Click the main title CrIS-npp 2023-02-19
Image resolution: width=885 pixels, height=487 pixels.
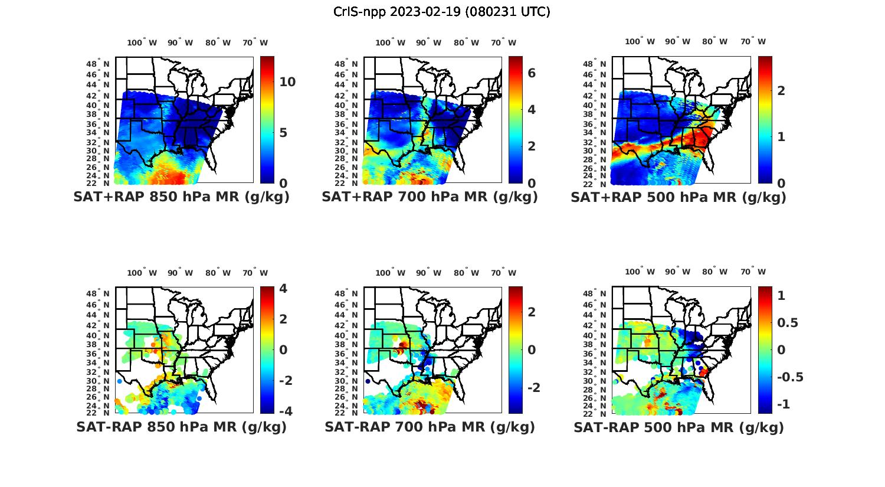pyautogui.click(x=441, y=12)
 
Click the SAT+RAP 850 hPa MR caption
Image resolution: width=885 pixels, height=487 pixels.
pyautogui.click(x=181, y=197)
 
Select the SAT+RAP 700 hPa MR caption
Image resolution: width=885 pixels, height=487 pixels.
pyautogui.click(x=430, y=197)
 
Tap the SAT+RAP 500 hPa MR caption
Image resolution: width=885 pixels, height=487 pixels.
pyautogui.click(x=678, y=197)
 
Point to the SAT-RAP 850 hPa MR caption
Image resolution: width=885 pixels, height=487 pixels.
pyautogui.click(x=181, y=427)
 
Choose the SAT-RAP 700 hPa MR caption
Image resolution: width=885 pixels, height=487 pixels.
pyautogui.click(x=430, y=427)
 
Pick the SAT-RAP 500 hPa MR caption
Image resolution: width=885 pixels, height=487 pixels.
pyautogui.click(x=678, y=427)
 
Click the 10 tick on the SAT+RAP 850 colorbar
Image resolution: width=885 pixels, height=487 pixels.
pyautogui.click(x=287, y=82)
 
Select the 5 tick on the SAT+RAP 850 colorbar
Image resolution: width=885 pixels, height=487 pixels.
pyautogui.click(x=283, y=132)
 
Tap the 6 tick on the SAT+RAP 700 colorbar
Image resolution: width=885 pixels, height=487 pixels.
pyautogui.click(x=532, y=73)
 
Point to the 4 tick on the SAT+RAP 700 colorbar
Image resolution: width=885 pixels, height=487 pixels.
pyautogui.click(x=532, y=109)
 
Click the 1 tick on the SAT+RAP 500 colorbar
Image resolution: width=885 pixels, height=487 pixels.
pyautogui.click(x=781, y=136)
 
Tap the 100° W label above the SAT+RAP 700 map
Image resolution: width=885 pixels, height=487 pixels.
pyautogui.click(x=390, y=43)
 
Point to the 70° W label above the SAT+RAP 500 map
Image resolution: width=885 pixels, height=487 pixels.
pyautogui.click(x=753, y=41)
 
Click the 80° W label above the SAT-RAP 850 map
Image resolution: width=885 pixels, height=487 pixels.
pyautogui.click(x=218, y=273)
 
